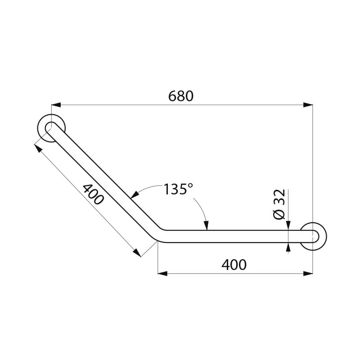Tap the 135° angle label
point(178,189)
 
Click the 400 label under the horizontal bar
point(234,265)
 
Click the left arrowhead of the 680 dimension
point(56,105)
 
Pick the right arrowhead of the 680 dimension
point(308,105)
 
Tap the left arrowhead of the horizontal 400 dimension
point(162,273)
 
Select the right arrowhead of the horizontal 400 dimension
point(308,273)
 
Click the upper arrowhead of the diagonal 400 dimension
point(39,148)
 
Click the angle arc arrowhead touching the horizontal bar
point(206,227)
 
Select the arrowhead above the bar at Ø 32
point(288,227)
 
